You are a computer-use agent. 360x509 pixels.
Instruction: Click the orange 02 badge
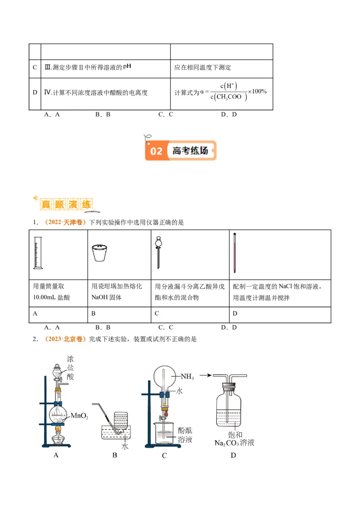(156, 151)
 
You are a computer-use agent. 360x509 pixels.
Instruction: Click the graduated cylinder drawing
(37, 254)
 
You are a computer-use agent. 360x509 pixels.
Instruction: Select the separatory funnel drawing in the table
(158, 253)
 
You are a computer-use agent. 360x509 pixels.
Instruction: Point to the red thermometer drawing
(234, 254)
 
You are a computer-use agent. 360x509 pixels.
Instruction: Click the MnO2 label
(79, 417)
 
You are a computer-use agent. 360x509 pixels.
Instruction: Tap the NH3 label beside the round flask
(187, 376)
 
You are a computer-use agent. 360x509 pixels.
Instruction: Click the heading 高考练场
(190, 151)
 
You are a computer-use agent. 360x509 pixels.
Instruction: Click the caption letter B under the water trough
(115, 455)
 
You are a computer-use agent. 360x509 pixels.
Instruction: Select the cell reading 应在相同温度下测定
(203, 68)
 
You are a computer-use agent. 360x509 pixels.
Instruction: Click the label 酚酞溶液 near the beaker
(185, 434)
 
